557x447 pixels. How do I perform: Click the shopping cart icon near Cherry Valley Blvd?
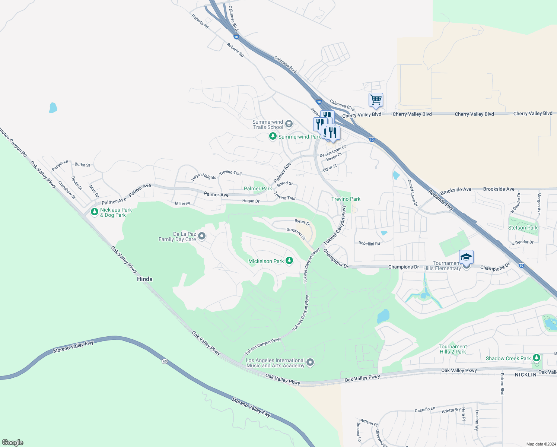coord(376,100)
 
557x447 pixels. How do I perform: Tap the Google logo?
coord(13,443)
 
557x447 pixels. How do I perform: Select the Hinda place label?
coord(144,279)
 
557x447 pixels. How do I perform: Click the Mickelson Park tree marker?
coord(289,261)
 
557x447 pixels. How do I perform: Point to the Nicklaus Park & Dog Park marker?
coord(95,212)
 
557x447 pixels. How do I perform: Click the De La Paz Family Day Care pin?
coord(202,236)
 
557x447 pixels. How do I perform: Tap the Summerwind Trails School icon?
coord(289,124)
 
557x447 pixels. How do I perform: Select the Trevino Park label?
coord(346,199)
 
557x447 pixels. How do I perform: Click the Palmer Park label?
coord(258,188)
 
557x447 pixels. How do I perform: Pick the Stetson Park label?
coord(523,228)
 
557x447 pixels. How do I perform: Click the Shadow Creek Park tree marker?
coord(536,358)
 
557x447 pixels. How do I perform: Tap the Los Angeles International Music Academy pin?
coord(310,362)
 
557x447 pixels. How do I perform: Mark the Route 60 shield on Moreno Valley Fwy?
coord(165,361)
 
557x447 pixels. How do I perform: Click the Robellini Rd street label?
coord(369,244)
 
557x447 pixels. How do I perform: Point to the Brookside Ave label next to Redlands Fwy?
coord(456,190)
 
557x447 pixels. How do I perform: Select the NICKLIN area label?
coord(526,375)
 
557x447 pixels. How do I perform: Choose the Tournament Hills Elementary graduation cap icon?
coord(466,257)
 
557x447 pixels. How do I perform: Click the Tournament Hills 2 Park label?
coord(452,349)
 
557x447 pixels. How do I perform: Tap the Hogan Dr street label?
coord(251,201)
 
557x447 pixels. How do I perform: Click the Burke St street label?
coord(82,165)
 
